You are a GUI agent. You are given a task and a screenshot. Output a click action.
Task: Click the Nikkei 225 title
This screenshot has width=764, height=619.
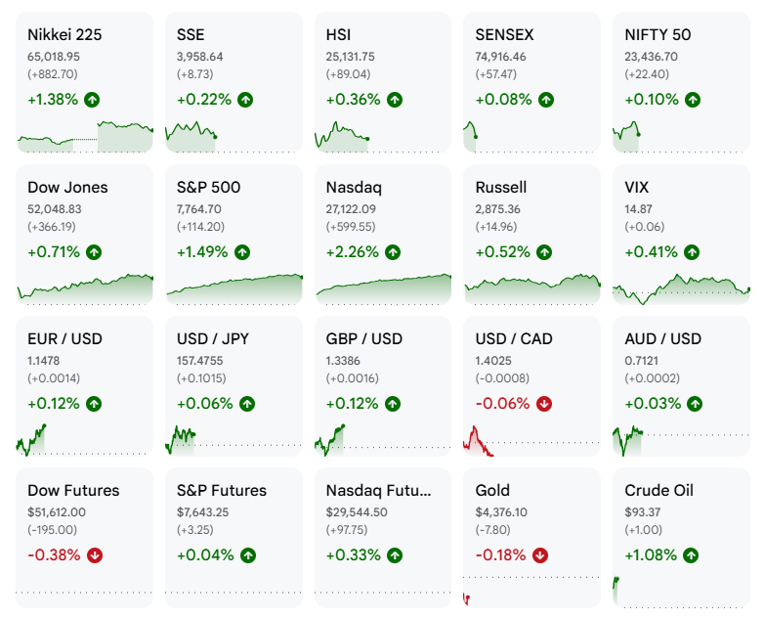64,34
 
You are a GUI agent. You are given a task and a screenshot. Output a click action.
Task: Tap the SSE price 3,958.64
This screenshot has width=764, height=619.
199,57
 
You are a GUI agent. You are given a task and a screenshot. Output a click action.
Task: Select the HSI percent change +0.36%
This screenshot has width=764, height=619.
353,100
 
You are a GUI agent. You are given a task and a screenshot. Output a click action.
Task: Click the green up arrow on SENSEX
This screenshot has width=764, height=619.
546,100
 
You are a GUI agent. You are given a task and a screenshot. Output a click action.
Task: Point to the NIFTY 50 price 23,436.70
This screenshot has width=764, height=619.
651,57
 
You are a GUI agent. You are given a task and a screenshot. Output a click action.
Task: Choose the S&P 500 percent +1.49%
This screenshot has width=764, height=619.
201,252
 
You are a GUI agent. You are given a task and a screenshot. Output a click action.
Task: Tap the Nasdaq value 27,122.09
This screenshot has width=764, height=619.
351,209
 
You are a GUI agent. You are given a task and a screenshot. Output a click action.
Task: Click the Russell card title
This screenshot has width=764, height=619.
501,188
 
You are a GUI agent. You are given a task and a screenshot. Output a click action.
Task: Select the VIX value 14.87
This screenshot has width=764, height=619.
638,209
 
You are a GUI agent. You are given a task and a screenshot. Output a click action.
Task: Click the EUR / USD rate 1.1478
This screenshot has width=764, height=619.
43,361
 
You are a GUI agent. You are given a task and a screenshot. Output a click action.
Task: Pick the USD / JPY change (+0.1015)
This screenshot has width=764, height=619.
202,378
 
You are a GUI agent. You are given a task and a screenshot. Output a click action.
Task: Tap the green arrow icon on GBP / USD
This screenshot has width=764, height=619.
393,404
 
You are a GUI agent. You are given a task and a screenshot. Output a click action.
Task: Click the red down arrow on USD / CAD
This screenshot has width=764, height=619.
544,404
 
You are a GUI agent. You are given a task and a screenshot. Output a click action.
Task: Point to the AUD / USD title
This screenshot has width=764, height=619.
662,339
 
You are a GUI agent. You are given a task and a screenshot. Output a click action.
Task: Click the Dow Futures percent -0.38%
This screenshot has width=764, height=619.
54,555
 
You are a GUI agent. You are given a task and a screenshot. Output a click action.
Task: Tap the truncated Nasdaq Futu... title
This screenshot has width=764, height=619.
379,490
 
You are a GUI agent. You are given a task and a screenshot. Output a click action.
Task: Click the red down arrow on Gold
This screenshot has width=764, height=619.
540,555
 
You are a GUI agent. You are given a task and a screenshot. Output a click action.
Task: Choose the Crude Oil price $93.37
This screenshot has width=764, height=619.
642,512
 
